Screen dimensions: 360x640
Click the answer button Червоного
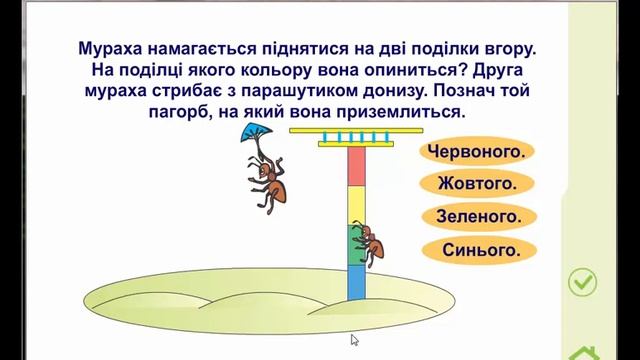pyautogui.click(x=476, y=152)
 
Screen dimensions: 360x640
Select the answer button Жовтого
pyautogui.click(x=476, y=183)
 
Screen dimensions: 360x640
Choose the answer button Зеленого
pyautogui.click(x=476, y=215)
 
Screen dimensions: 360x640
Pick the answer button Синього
pyautogui.click(x=476, y=249)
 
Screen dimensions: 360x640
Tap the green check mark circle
pyautogui.click(x=582, y=283)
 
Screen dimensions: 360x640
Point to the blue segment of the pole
pyautogui.click(x=357, y=282)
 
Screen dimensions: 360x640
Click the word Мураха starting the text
pyautogui.click(x=114, y=47)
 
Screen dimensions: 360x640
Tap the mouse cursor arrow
pyautogui.click(x=355, y=340)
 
